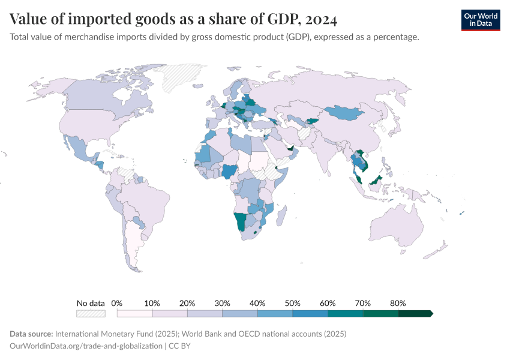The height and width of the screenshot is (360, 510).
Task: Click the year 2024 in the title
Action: tap(321, 19)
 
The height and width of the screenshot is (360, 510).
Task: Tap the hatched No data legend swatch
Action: tap(91, 313)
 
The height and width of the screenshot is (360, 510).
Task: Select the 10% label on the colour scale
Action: tap(152, 303)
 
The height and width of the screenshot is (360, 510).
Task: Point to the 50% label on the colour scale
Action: tap(292, 303)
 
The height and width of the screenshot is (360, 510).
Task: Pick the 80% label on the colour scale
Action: tap(398, 303)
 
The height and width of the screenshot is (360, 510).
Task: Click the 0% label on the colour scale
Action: tap(117, 303)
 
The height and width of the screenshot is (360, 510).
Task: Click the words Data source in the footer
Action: tap(31, 334)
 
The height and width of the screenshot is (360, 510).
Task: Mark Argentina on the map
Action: tap(137, 246)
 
